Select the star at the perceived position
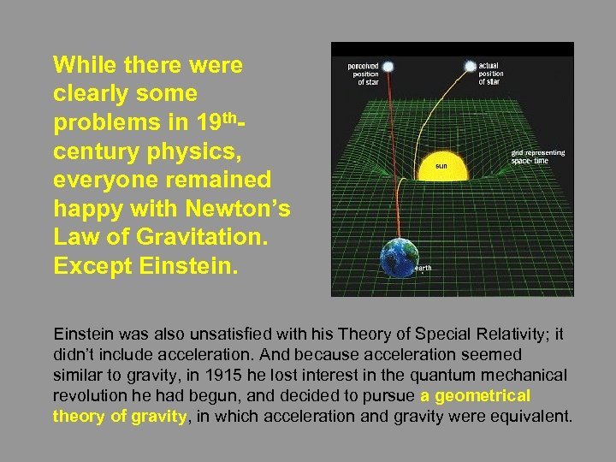(x=388, y=66)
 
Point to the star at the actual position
(x=469, y=65)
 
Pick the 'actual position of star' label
(x=491, y=74)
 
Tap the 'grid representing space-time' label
(x=538, y=157)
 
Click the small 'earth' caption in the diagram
(x=423, y=269)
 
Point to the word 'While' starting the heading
(x=84, y=65)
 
